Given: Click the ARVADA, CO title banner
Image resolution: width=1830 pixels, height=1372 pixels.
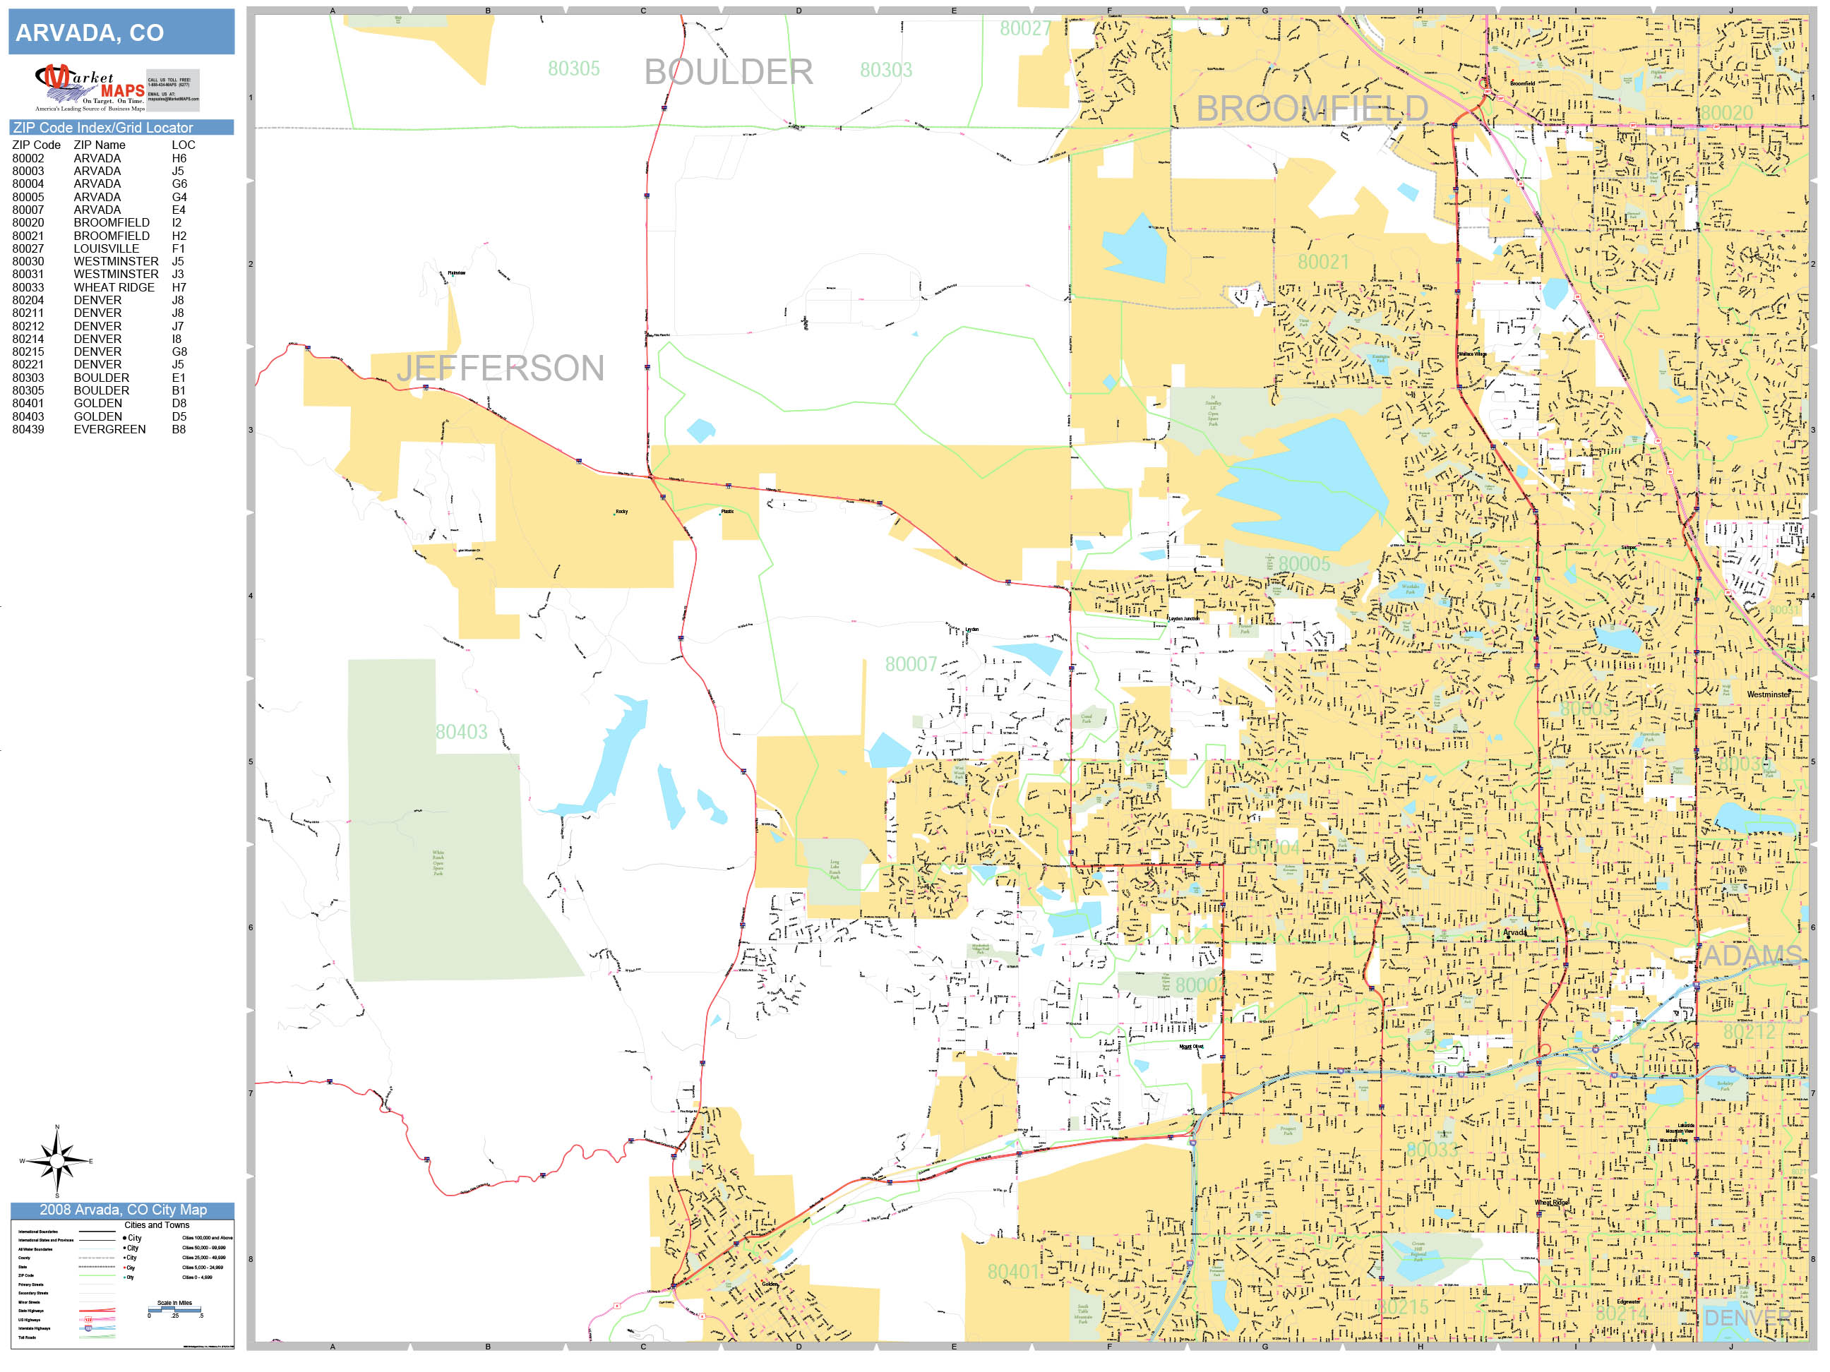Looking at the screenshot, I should pyautogui.click(x=121, y=32).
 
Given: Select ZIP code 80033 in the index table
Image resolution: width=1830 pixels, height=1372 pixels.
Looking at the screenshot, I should pyautogui.click(x=28, y=287).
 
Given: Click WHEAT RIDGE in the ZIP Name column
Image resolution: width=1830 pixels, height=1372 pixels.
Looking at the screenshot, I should pyautogui.click(x=114, y=287).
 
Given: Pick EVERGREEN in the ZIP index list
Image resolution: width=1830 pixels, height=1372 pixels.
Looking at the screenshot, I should pyautogui.click(x=109, y=429).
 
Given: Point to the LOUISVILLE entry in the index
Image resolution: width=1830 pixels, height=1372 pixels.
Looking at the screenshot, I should pyautogui.click(x=106, y=248).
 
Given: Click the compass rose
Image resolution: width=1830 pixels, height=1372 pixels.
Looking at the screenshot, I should pyautogui.click(x=56, y=1161).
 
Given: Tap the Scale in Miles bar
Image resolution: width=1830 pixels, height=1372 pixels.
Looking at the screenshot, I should pyautogui.click(x=174, y=1309).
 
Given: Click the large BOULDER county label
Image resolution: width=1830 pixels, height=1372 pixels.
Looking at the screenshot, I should pyautogui.click(x=728, y=72).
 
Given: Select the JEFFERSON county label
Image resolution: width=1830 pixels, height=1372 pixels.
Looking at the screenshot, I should pyautogui.click(x=501, y=368).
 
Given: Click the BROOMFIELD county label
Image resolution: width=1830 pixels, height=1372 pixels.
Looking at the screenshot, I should pyautogui.click(x=1312, y=109).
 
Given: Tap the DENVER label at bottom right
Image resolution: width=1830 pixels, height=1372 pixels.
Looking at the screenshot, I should pyautogui.click(x=1747, y=1318).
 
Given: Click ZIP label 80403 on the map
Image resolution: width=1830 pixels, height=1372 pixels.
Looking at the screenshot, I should pyautogui.click(x=462, y=732).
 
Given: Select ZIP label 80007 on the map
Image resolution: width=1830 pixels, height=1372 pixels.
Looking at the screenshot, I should pyautogui.click(x=910, y=664).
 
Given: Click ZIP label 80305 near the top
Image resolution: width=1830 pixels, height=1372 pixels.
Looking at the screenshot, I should pyautogui.click(x=573, y=68).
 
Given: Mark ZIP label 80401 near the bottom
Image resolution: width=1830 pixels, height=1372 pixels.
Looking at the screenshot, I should pyautogui.click(x=1012, y=1272).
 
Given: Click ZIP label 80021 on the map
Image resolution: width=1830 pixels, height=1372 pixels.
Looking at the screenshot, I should pyautogui.click(x=1322, y=262).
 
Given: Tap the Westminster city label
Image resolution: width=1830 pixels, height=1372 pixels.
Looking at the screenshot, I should pyautogui.click(x=1767, y=694).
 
